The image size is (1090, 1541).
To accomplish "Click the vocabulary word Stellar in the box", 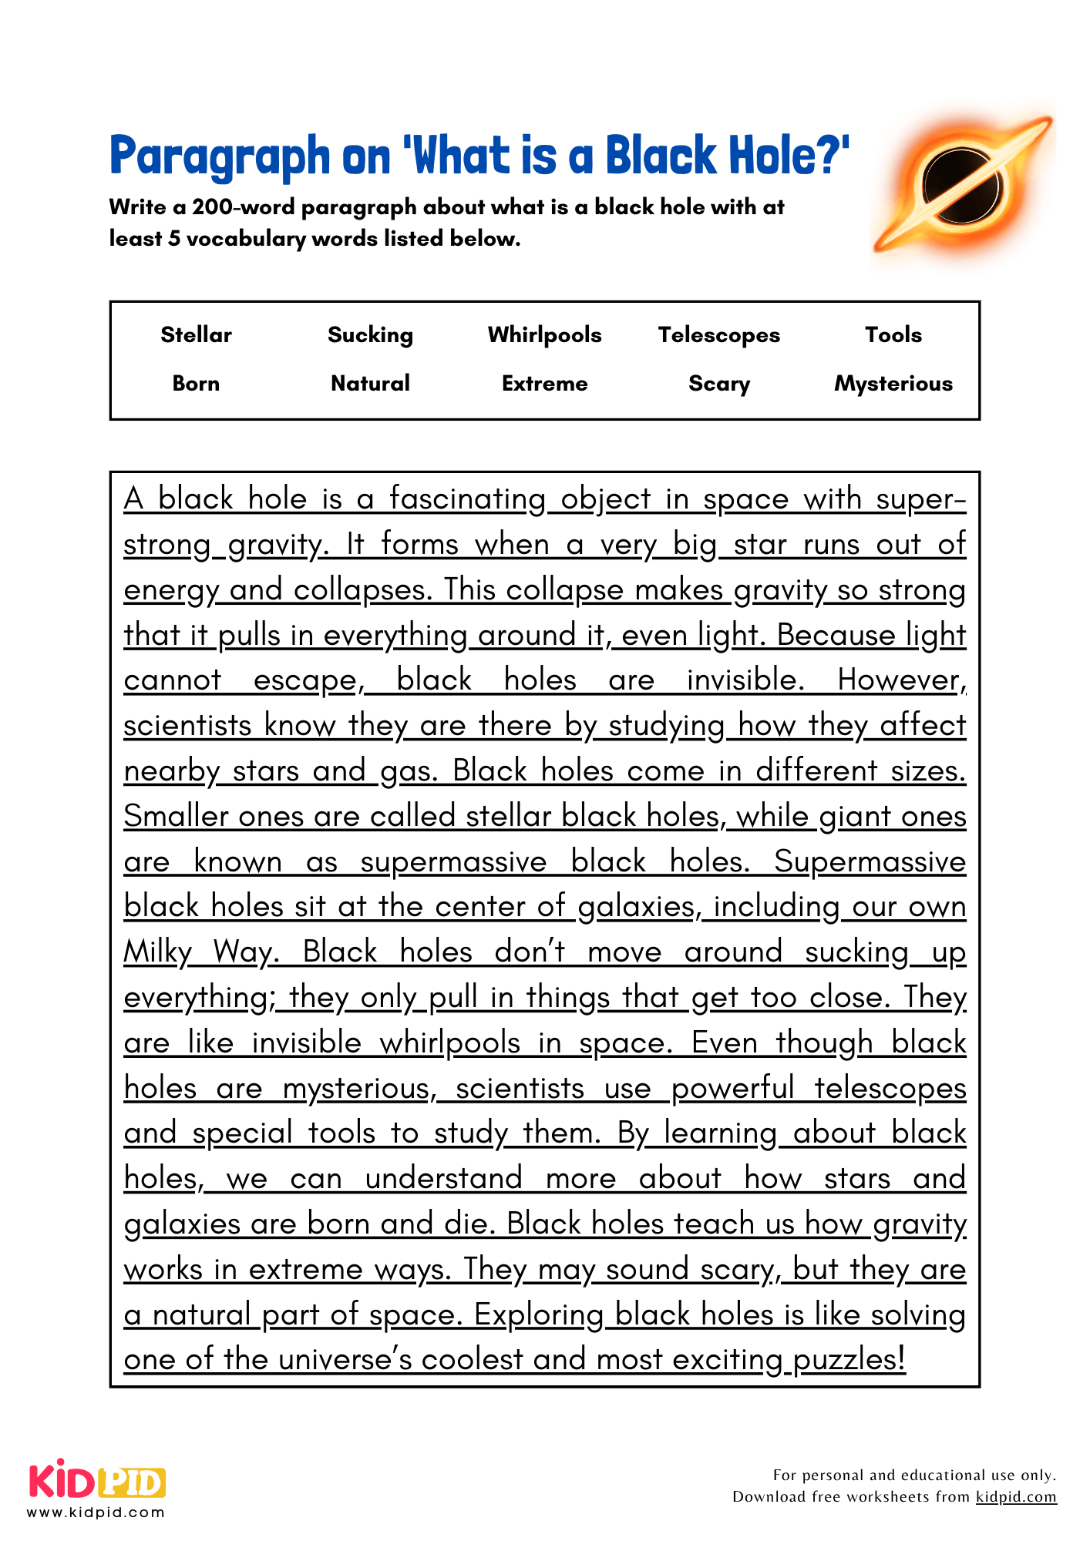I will click(x=196, y=334).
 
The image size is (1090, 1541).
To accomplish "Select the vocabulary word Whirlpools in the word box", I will click(x=544, y=334).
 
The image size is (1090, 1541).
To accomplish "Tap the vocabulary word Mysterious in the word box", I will click(x=893, y=383).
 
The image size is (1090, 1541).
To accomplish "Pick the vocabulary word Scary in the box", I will click(x=718, y=383).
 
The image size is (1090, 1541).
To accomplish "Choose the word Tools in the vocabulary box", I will click(x=893, y=334).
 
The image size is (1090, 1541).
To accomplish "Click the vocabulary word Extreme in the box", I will click(x=544, y=383).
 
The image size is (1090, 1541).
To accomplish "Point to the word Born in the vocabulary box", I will click(x=196, y=383).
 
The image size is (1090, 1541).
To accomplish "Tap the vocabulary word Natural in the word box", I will click(x=370, y=383).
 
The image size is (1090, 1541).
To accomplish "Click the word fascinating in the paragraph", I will click(x=467, y=499).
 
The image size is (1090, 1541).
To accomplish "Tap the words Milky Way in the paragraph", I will click(x=199, y=952).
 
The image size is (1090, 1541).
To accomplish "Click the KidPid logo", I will click(x=97, y=1482).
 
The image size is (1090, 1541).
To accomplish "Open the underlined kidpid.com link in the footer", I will click(x=1016, y=1496).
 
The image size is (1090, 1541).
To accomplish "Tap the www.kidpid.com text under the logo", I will click(x=96, y=1512).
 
